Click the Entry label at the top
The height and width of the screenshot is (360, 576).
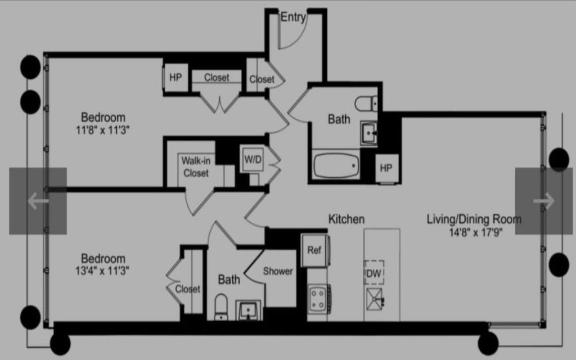point(293,17)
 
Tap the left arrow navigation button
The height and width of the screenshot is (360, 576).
point(38,201)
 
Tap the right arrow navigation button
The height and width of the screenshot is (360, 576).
point(544,201)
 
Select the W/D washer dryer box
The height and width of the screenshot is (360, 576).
point(253,160)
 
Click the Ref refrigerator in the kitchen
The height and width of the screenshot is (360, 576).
point(315,250)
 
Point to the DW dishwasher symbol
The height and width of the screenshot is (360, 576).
point(374,273)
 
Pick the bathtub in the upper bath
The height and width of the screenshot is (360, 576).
point(336,166)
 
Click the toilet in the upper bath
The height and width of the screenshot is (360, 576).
point(366,103)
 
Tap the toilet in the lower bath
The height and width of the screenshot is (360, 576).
point(221,307)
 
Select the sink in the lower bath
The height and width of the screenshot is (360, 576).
point(248,310)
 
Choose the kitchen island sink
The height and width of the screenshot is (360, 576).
point(375,299)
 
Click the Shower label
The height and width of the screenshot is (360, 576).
point(278,272)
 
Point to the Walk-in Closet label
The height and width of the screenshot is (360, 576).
point(196,166)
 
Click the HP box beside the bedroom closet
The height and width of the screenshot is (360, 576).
point(175,78)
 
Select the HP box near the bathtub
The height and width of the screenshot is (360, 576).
point(386,168)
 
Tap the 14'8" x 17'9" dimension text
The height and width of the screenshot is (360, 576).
point(476,232)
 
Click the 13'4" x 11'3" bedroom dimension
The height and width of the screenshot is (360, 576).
point(102,271)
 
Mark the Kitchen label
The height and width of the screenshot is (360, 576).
point(346,219)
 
